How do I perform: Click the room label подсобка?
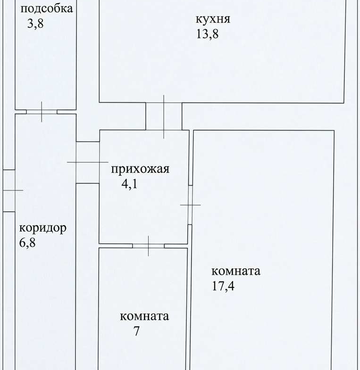(47, 9)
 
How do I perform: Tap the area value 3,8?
(35, 24)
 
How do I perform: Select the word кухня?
(213, 19)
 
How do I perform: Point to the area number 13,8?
(207, 34)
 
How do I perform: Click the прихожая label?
(140, 169)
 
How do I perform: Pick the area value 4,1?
(129, 183)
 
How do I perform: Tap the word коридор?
(43, 229)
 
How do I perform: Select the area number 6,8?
(27, 242)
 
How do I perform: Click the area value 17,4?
(223, 286)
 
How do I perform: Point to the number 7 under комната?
(136, 331)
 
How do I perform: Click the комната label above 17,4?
(236, 271)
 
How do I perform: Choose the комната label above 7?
(144, 316)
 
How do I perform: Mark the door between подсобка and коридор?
(42, 112)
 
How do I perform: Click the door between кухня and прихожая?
(164, 116)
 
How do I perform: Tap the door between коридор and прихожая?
(88, 162)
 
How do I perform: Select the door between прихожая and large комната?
(190, 205)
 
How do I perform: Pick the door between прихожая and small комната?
(148, 246)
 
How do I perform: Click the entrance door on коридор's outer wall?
(9, 190)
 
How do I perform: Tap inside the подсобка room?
(46, 66)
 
